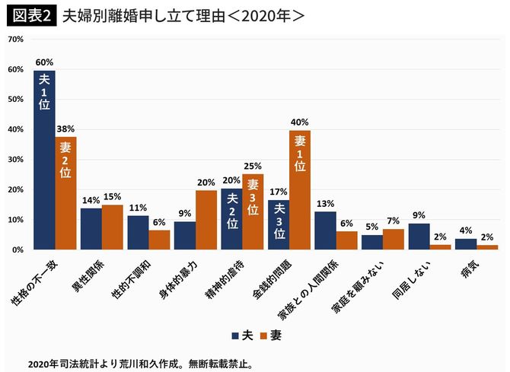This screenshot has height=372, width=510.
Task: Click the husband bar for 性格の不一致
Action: point(44,160)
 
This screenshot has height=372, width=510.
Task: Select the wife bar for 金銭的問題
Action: point(300,190)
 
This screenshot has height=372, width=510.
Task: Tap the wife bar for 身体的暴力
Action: point(206,220)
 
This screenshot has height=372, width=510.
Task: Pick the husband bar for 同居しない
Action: point(419,237)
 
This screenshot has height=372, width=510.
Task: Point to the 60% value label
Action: point(44,62)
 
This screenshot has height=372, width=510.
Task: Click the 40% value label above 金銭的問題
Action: point(300,122)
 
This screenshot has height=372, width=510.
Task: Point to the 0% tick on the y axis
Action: point(16,250)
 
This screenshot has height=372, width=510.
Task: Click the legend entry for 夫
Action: point(242,334)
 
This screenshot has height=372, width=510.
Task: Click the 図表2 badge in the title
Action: point(30,14)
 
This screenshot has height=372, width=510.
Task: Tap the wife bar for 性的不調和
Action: point(159,240)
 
